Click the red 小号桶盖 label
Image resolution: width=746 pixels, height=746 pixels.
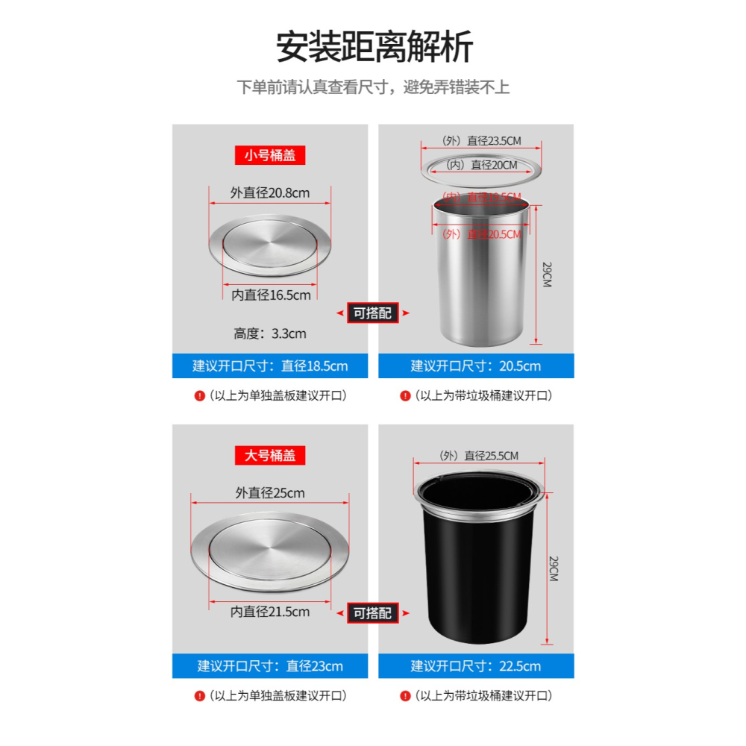[270, 156]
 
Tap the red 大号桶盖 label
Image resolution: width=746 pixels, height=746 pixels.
[270, 455]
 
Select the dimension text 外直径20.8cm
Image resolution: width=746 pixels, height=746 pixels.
[270, 193]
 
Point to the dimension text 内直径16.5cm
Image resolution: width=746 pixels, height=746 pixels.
[271, 295]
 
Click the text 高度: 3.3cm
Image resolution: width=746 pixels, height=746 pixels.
[270, 333]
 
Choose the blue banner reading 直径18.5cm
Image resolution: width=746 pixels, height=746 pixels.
[270, 366]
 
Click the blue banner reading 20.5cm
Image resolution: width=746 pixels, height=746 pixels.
[476, 366]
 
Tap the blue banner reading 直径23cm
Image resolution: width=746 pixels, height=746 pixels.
[270, 666]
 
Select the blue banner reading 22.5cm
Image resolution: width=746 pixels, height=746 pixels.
[476, 666]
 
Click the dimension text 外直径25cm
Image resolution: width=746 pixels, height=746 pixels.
[270, 493]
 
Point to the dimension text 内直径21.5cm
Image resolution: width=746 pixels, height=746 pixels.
[270, 612]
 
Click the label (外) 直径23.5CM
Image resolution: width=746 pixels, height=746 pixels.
[481, 140]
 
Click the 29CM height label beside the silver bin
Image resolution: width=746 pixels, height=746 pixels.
[547, 275]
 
